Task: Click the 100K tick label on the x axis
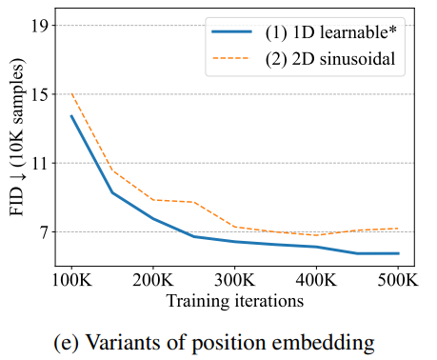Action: point(71,280)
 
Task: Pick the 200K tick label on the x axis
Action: point(153,280)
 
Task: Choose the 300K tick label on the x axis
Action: point(235,280)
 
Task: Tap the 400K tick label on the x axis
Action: point(316,280)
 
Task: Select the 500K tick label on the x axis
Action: point(398,280)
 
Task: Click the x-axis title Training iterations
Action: point(235,301)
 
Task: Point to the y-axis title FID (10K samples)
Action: point(17,137)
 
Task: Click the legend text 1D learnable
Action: point(331,32)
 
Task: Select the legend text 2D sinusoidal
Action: point(330,59)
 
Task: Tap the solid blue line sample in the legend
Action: point(231,31)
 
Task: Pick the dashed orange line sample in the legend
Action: point(231,58)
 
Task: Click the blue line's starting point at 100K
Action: point(71,115)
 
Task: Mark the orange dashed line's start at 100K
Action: point(71,93)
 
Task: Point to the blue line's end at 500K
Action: point(398,253)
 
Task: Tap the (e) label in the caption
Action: point(67,343)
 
